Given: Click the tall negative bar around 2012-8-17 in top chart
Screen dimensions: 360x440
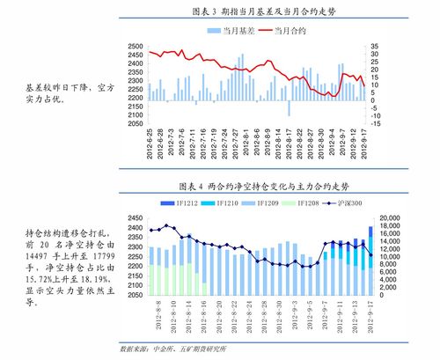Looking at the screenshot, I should (289, 107).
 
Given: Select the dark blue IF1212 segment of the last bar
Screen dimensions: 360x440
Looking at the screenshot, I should (370, 232).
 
